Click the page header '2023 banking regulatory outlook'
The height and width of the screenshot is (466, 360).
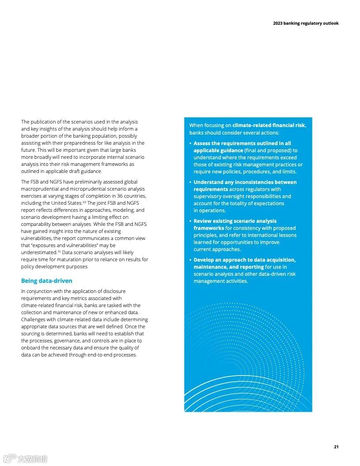point(306,23)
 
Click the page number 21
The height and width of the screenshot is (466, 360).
point(336,447)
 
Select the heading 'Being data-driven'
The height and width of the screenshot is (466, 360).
point(46,281)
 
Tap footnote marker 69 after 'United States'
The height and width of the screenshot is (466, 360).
point(84,202)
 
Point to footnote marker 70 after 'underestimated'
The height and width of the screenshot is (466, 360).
point(59,251)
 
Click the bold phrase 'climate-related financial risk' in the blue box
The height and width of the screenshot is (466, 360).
point(269,125)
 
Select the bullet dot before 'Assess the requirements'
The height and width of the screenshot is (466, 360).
point(190,143)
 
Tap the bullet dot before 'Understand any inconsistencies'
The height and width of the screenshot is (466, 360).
point(190,182)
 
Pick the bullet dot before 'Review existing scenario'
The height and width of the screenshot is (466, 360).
point(190,221)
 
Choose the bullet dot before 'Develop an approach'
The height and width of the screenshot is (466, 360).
point(190,260)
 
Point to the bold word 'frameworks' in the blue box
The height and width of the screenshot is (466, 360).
point(209,228)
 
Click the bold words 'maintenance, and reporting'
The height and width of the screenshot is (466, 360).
point(228,267)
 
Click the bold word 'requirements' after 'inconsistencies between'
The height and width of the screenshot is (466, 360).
point(210,189)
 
